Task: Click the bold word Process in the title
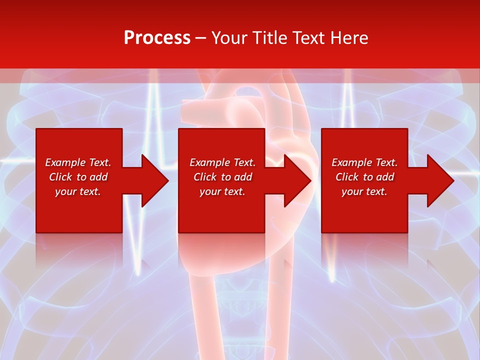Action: (x=157, y=38)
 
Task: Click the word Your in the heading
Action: (x=229, y=38)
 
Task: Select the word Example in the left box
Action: (x=65, y=162)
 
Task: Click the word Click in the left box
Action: (x=60, y=177)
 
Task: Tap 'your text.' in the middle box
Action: (x=222, y=191)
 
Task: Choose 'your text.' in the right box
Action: (x=364, y=191)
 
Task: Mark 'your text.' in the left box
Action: (x=77, y=191)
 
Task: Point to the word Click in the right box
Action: (x=347, y=177)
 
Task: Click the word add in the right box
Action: (x=385, y=177)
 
